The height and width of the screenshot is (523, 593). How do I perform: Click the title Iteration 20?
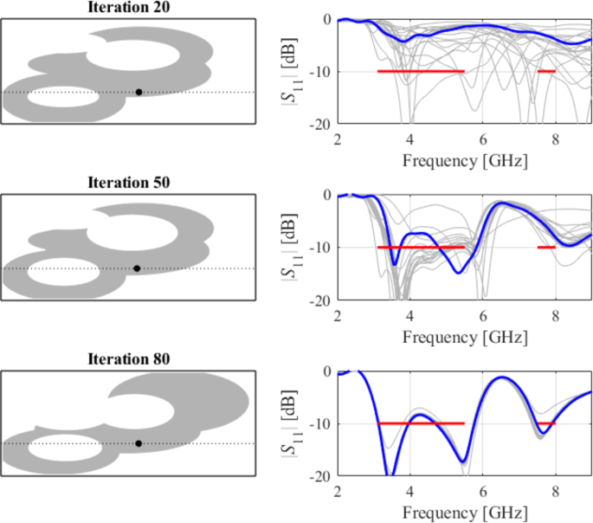pyautogui.click(x=129, y=7)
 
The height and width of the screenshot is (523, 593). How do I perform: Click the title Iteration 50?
pyautogui.click(x=129, y=183)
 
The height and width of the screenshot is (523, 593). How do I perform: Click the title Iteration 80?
pyautogui.click(x=129, y=359)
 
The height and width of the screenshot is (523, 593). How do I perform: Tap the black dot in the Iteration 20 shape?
pyautogui.click(x=139, y=92)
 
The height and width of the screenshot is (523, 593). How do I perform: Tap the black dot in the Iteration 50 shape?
pyautogui.click(x=138, y=268)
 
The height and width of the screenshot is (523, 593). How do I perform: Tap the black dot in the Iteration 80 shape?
pyautogui.click(x=139, y=443)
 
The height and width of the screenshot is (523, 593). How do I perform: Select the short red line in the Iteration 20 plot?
pyautogui.click(x=545, y=71)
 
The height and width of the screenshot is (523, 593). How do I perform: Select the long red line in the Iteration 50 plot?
pyautogui.click(x=421, y=248)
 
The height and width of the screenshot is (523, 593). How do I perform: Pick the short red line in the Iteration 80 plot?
pyautogui.click(x=545, y=423)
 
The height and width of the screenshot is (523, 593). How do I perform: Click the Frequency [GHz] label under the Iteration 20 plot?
pyautogui.click(x=464, y=160)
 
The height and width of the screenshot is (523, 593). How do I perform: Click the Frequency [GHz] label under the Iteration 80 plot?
pyautogui.click(x=464, y=512)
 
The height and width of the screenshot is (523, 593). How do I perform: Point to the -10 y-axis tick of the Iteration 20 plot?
pyautogui.click(x=321, y=72)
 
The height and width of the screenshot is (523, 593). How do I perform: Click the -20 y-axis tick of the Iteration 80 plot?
pyautogui.click(x=321, y=476)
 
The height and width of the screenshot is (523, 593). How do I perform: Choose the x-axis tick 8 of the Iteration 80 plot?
pyautogui.click(x=557, y=492)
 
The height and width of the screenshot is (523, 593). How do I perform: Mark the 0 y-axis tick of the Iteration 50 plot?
pyautogui.click(x=326, y=195)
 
